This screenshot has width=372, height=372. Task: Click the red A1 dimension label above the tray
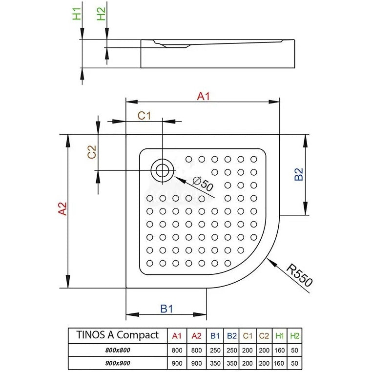coord(203,96)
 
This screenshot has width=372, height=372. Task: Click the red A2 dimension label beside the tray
coord(62,209)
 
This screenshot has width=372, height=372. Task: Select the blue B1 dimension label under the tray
coord(166,309)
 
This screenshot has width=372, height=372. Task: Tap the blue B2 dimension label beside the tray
coord(299,174)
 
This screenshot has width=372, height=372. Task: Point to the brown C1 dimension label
coord(144,116)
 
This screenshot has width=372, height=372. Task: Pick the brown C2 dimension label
coord(92,152)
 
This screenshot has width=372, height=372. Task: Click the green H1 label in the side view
coord(77,14)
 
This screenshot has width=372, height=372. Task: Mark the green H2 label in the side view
coord(102,14)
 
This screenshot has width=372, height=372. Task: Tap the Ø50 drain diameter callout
coord(203,184)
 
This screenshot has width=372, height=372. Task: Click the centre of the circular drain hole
coord(162,170)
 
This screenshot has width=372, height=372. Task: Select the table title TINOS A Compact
coord(118,335)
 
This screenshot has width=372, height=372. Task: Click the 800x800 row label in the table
coord(118,350)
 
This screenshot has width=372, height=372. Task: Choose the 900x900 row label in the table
coord(118,363)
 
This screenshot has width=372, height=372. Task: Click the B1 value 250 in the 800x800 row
coord(215,351)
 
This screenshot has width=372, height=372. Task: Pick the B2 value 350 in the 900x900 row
coord(231,363)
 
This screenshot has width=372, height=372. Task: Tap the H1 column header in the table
coord(280,336)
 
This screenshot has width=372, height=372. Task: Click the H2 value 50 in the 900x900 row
coord(294,363)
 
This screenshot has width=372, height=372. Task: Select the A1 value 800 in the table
coord(177,351)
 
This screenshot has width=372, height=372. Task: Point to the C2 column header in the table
coord(264,336)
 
